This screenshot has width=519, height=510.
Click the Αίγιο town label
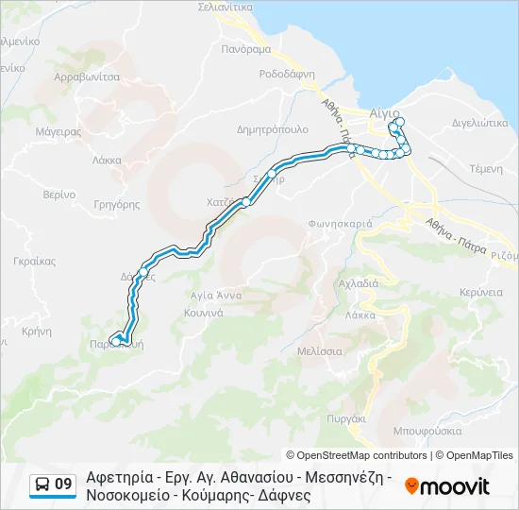[x=384, y=111]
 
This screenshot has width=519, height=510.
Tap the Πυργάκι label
[x=346, y=416]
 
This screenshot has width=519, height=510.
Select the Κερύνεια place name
[x=481, y=293]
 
